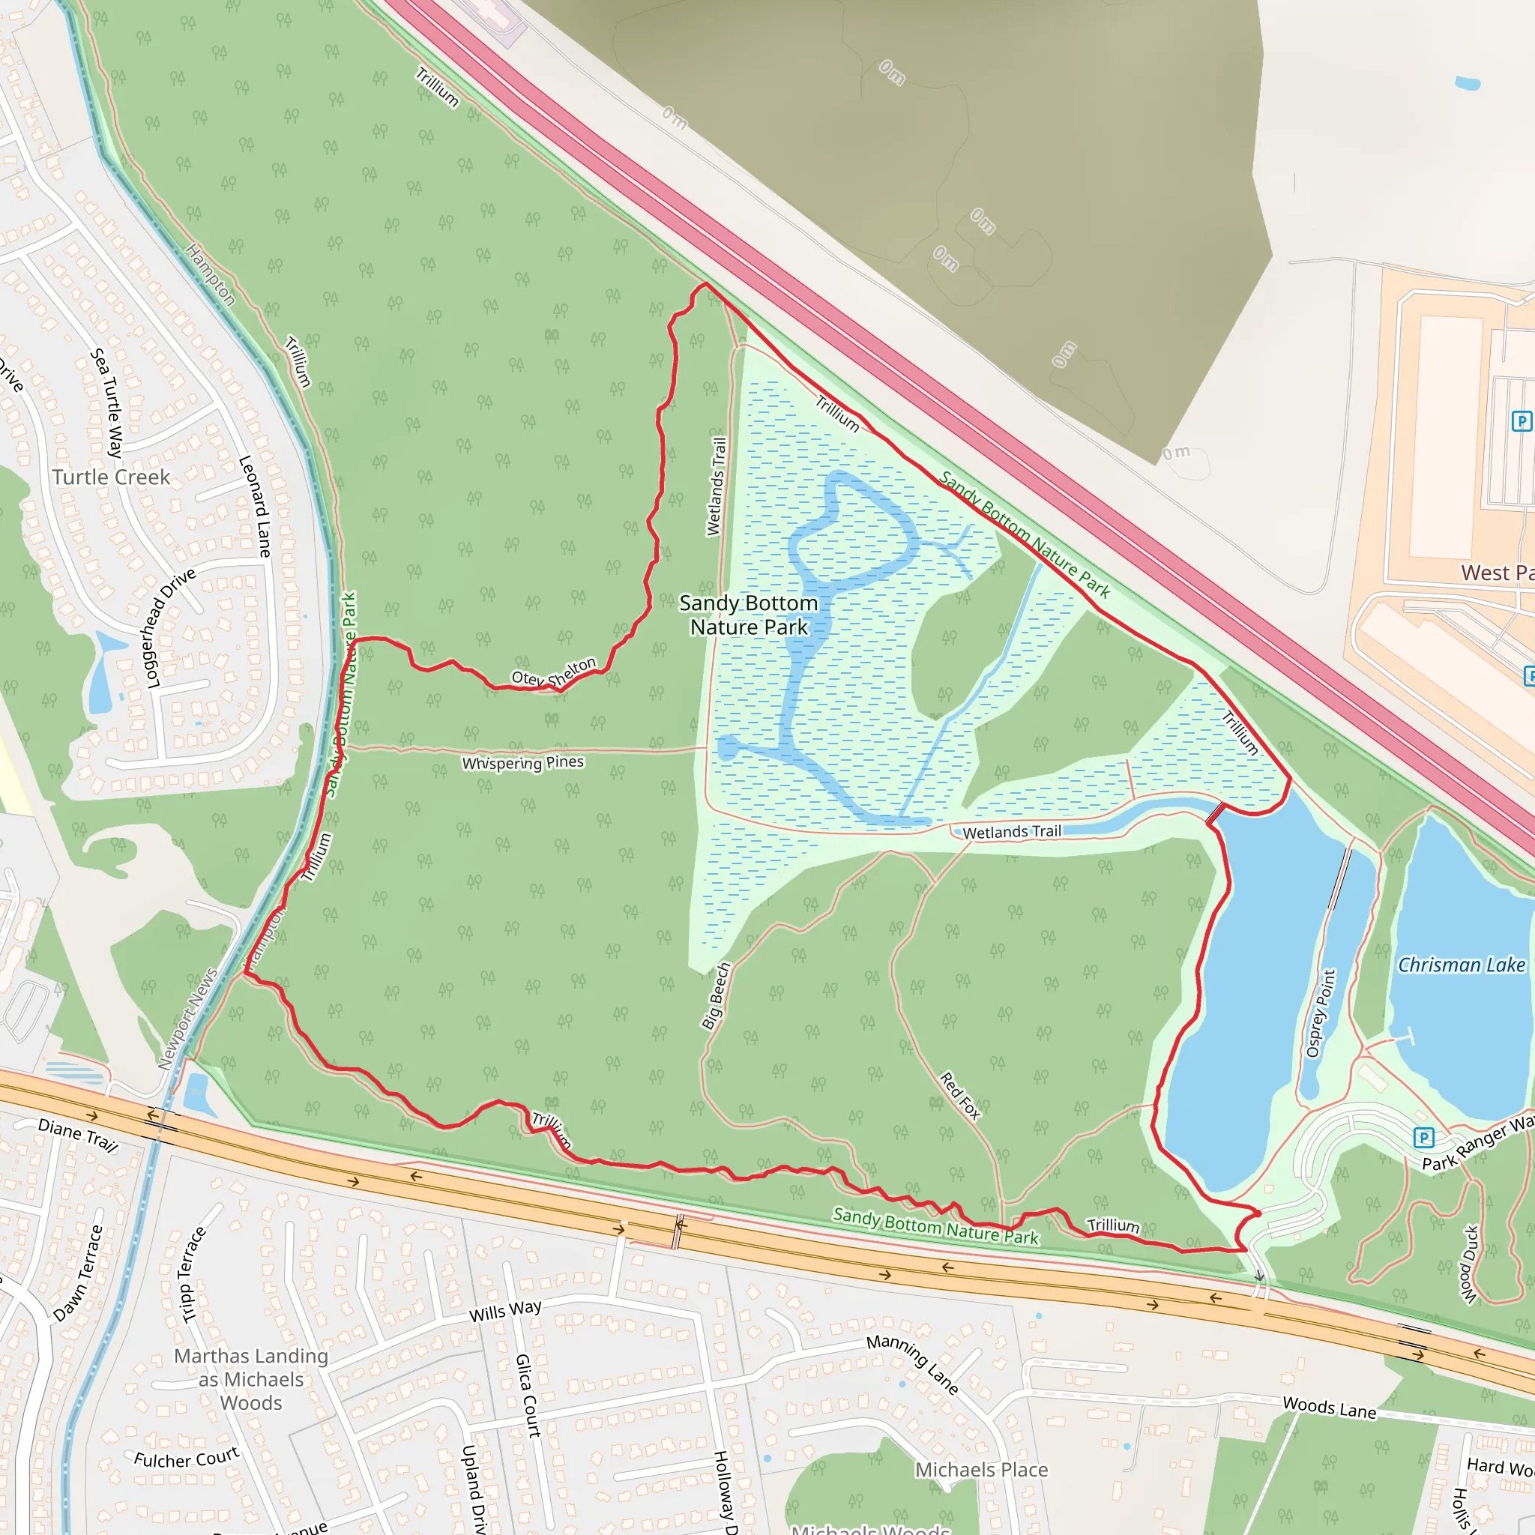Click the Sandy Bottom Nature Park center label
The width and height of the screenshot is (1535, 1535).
point(749,615)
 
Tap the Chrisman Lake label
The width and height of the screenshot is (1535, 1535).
point(1461,965)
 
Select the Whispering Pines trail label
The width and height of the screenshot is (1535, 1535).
point(523,763)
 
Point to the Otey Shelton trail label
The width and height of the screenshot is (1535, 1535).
point(554,673)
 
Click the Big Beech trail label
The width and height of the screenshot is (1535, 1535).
point(716,996)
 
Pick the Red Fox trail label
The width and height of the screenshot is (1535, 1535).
point(961,1096)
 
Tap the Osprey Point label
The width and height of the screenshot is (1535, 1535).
point(1321,1013)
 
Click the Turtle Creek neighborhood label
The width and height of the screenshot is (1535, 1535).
point(111,477)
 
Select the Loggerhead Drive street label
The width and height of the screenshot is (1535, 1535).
point(170,627)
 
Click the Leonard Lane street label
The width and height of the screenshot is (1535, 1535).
point(255,506)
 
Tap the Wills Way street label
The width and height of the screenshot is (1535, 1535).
point(505,1310)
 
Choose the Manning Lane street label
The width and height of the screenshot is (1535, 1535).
point(913,1364)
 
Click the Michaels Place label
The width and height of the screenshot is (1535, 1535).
point(981,1470)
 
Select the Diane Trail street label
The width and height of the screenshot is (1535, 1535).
point(78,1136)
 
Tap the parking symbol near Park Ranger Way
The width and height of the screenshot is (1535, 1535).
point(1424,1139)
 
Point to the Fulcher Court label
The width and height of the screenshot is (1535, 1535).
point(187,1459)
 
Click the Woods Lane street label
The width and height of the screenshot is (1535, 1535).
point(1329,1408)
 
